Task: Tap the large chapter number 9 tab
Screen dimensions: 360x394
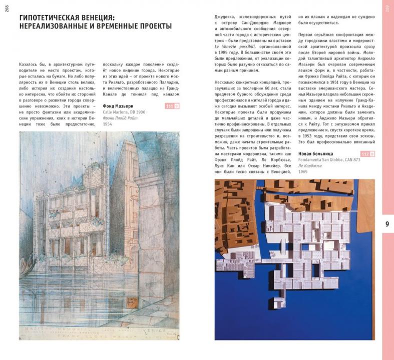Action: pos(387,223)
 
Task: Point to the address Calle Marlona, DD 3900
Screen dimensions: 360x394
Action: pos(124,112)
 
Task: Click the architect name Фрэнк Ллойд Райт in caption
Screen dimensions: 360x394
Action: pos(120,118)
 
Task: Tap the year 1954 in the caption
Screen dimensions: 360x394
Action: pos(107,124)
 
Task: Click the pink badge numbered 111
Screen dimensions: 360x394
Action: pos(169,106)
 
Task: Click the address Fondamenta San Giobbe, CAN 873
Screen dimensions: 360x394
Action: pos(329,159)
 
